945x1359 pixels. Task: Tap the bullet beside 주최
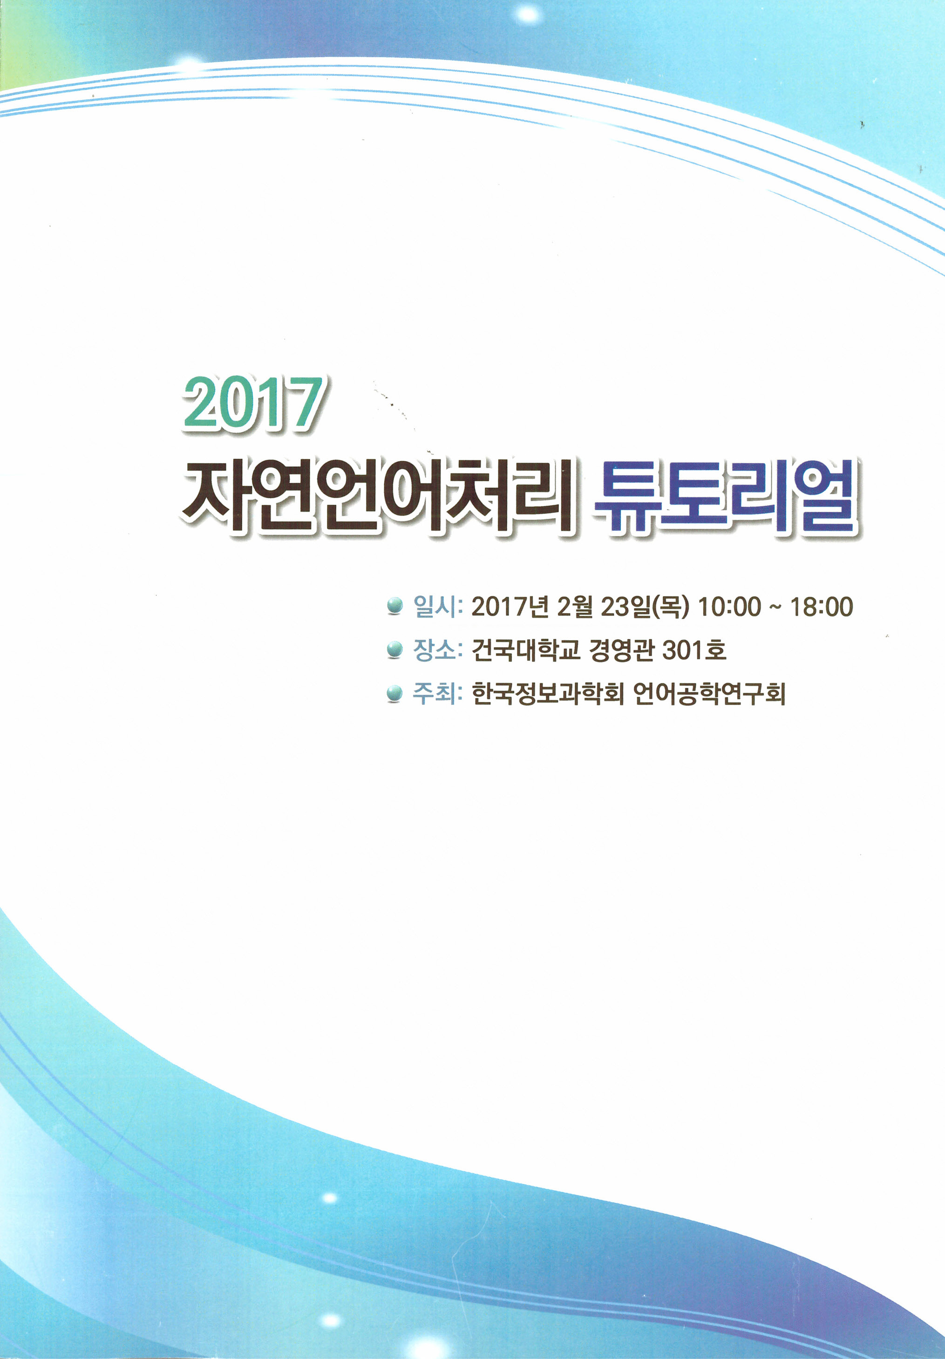pyautogui.click(x=394, y=694)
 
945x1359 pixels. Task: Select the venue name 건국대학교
pyautogui.click(x=525, y=650)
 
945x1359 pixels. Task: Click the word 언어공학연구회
pyautogui.click(x=709, y=694)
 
